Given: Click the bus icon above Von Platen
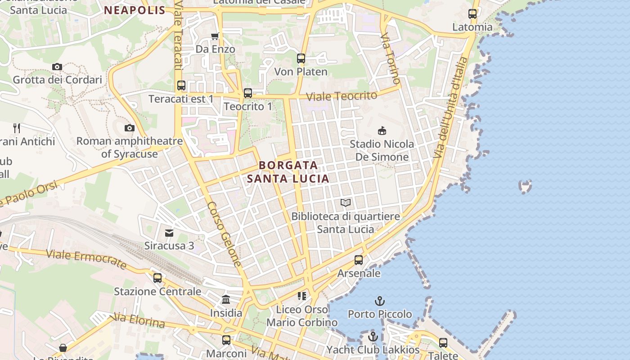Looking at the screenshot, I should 301,58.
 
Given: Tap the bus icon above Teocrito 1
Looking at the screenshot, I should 248,93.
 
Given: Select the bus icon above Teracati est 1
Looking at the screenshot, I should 181,85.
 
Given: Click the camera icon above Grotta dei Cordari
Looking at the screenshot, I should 57,67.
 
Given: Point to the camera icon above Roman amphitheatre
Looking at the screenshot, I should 130,128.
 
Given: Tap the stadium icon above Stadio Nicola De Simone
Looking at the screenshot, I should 382,131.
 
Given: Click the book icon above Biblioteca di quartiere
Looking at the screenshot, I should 346,203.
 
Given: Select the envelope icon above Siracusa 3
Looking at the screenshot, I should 169,233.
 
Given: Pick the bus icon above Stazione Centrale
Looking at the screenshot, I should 157,278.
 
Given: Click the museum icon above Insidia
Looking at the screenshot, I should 226,299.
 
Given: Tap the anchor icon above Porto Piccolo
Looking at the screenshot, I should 380,301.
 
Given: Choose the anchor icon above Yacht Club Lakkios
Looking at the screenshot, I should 373,337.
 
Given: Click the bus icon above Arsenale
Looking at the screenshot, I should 359,260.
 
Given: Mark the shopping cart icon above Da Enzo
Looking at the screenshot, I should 215,36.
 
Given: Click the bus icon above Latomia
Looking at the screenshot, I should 472,14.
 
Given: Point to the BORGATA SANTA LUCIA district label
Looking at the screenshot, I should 288,172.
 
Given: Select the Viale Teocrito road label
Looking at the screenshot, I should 342,96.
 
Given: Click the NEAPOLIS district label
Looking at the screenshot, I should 135,10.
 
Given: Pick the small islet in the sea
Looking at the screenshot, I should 525,185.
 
